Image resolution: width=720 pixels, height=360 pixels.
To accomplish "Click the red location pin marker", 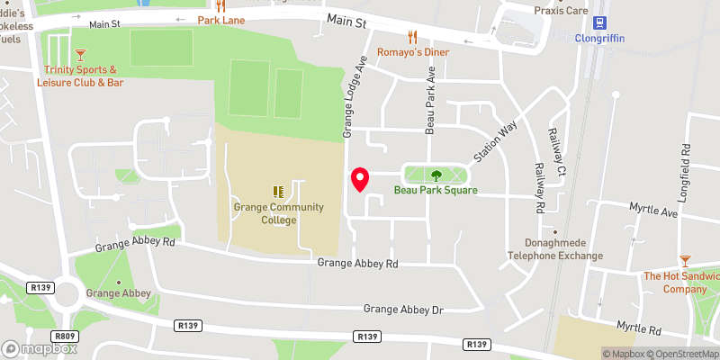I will [x=360, y=180].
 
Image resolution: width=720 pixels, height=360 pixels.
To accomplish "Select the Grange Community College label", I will [x=265, y=212].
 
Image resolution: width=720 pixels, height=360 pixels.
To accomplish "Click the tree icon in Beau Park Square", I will [x=436, y=175].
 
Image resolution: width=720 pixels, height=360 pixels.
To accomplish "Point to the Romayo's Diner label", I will [x=413, y=52].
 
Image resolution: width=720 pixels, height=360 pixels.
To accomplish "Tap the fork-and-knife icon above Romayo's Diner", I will [x=413, y=36].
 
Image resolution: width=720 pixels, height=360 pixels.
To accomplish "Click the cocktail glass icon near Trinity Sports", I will [x=81, y=55].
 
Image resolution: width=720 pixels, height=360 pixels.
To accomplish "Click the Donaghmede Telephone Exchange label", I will [x=564, y=249].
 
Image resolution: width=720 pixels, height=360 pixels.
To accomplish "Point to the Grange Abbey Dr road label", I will [x=404, y=309].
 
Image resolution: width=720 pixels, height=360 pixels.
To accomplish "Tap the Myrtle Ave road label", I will [x=654, y=212].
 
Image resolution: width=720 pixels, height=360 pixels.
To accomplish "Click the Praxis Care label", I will [x=562, y=11].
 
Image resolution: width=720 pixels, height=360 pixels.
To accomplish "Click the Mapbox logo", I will [x=40, y=348].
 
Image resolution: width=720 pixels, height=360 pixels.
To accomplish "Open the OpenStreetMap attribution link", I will [x=682, y=354].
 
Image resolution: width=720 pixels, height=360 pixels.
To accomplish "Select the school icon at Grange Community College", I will [x=278, y=192].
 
